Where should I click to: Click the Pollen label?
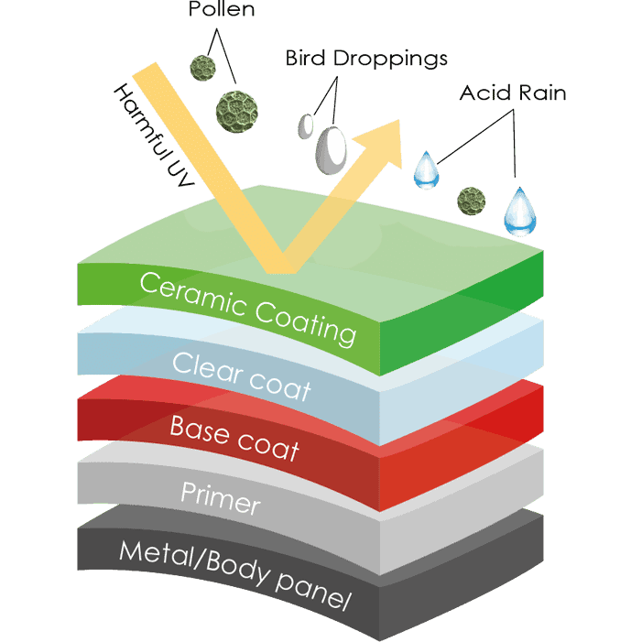pyautogui.click(x=221, y=12)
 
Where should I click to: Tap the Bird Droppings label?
pyautogui.click(x=366, y=59)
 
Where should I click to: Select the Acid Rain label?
pyautogui.click(x=514, y=92)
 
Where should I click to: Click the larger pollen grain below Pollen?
pyautogui.click(x=233, y=108)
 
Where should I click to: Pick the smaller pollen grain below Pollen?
pyautogui.click(x=202, y=67)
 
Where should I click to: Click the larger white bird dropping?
pyautogui.click(x=332, y=147)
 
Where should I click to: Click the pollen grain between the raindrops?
pyautogui.click(x=472, y=197)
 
